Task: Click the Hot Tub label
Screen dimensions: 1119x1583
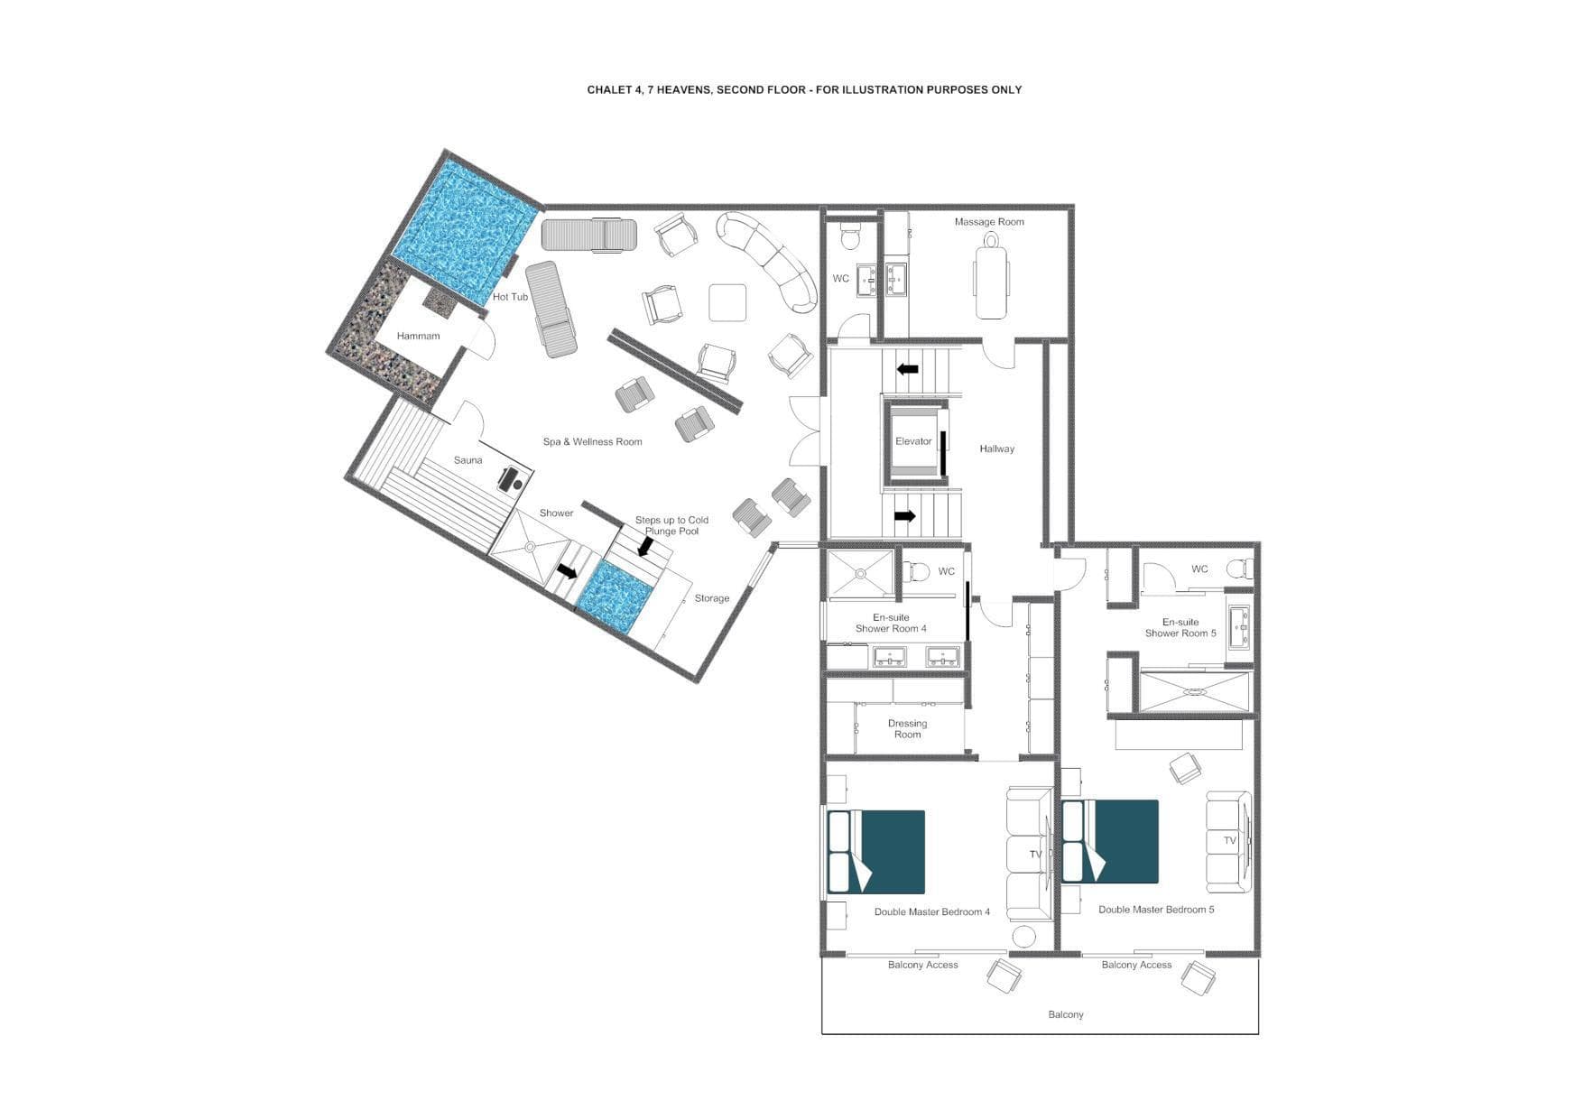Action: (510, 297)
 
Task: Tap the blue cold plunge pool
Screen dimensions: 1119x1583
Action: (614, 596)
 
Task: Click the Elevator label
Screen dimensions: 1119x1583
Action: (912, 441)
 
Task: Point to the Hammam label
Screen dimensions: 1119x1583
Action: (418, 336)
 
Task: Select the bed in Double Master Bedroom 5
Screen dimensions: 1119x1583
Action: (1112, 841)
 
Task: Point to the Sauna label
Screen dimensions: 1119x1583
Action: (467, 460)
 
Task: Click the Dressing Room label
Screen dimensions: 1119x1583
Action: (907, 729)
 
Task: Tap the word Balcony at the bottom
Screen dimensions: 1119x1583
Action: (1065, 1015)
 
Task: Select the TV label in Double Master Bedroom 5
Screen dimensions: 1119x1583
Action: (1229, 840)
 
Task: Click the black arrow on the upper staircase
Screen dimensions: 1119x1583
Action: (907, 369)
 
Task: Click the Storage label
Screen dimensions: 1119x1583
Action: (711, 598)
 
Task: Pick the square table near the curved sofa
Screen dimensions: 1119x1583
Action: (727, 302)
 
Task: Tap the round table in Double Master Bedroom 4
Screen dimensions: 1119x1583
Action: (1023, 937)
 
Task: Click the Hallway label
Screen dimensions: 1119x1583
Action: (996, 449)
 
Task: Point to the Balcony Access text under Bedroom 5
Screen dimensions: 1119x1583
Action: (1135, 966)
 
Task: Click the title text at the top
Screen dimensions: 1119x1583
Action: (804, 89)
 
